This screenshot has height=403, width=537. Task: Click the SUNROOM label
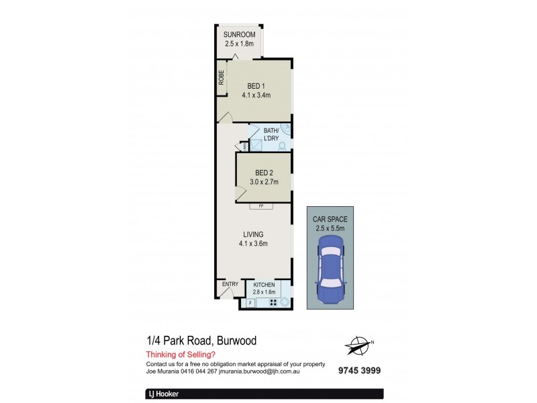pos(238,36)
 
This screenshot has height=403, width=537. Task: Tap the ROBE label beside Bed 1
pos(221,77)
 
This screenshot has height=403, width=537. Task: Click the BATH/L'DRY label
pos(271,134)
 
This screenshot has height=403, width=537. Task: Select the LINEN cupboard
pos(246,145)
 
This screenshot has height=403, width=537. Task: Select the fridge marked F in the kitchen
pos(250,303)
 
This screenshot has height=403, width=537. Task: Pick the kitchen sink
pos(286,302)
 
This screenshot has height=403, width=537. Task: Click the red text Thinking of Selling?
pos(179,355)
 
